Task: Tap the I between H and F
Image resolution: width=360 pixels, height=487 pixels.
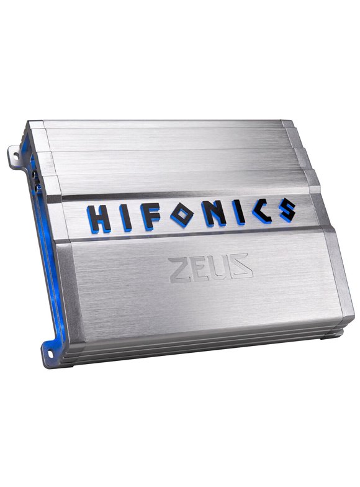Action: coord(125,217)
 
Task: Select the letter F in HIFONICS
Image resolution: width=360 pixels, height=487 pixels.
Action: coord(150,216)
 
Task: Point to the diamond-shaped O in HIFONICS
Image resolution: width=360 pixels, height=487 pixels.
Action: coord(181,214)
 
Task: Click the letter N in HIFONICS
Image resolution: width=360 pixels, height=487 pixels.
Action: coord(214,212)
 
